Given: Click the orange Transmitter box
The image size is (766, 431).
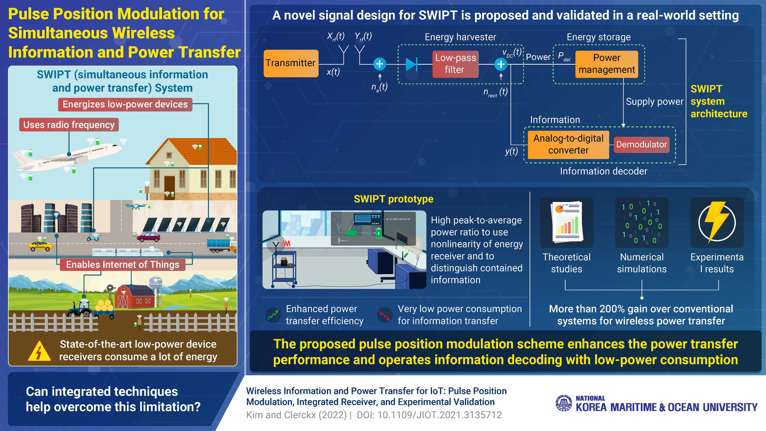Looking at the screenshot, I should click(x=291, y=63).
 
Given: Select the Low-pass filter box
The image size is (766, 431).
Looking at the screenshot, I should click(x=455, y=64).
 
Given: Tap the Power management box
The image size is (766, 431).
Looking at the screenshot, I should click(x=606, y=64).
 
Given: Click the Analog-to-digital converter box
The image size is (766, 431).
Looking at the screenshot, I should click(x=568, y=144).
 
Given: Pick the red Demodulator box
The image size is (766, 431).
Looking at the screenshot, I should click(x=641, y=144).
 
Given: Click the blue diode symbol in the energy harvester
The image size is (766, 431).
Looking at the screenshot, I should click(x=411, y=64).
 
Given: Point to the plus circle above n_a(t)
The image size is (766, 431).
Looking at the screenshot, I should click(x=379, y=64).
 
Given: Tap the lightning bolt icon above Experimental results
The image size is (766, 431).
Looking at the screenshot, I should click(x=717, y=223).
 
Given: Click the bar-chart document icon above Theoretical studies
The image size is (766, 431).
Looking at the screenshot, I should click(x=567, y=222).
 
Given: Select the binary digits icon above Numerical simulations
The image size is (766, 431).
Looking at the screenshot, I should click(x=642, y=222).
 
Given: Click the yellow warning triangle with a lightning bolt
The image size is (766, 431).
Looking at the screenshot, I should click(x=39, y=351).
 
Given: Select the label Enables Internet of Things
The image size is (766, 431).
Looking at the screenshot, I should click(x=122, y=265).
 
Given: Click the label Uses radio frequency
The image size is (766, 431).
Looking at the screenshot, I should click(x=69, y=125).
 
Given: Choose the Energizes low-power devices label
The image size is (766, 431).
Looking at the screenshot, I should click(x=125, y=105).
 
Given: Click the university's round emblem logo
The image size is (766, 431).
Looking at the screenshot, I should click(x=564, y=403).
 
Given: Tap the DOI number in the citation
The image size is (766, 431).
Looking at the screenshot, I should click(x=439, y=415).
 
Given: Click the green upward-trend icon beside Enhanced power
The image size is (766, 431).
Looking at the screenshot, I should click(x=273, y=315).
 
